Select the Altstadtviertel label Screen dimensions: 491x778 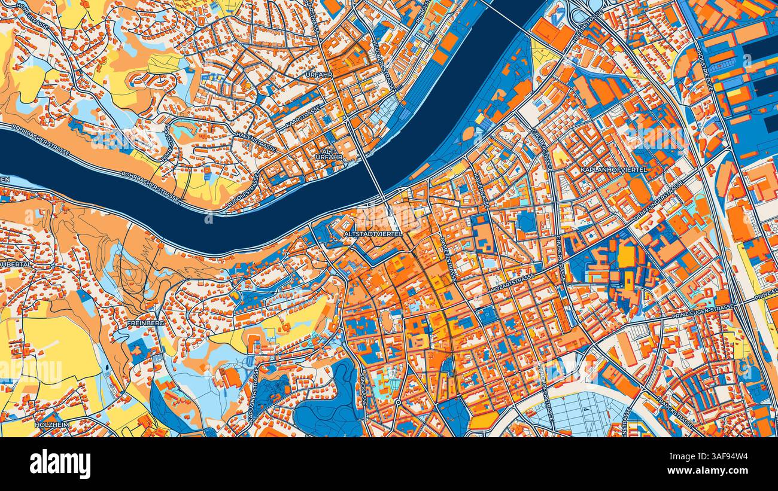coord(373,234)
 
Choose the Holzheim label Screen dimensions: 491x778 coord(53,425)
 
